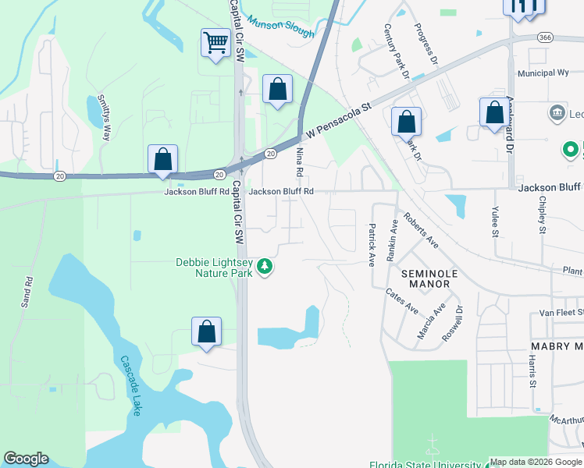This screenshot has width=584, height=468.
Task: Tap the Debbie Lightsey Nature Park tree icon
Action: coord(265,268)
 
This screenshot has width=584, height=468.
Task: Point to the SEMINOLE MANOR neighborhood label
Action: coord(426,278)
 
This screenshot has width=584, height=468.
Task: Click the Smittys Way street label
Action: coord(102,117)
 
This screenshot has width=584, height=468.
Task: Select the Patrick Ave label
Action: coord(372,244)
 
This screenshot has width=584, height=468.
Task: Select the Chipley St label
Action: coord(542,214)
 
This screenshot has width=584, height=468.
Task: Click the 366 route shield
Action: coord(545,37)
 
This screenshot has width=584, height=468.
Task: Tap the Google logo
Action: coord(26,459)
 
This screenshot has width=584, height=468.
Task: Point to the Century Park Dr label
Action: coord(397,52)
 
